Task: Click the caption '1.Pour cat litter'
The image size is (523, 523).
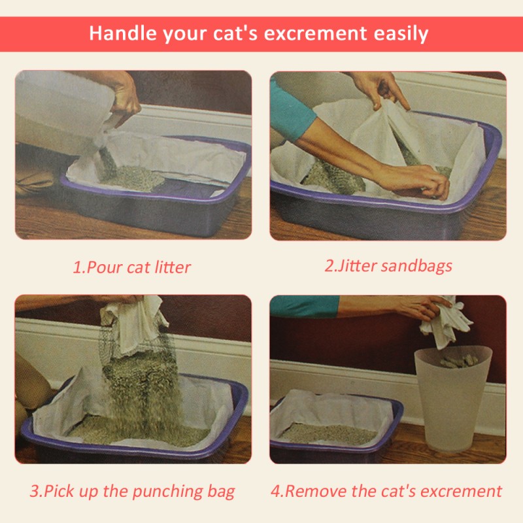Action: tap(131, 267)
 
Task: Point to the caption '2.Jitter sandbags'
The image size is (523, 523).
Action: tap(388, 266)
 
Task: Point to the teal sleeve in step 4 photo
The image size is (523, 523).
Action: tap(304, 305)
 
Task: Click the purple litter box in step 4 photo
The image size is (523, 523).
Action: tap(333, 445)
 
